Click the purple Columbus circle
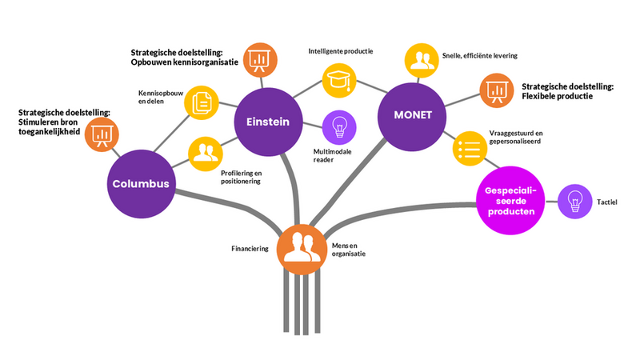pyautogui.click(x=140, y=183)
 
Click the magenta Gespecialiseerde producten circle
pyautogui.click(x=510, y=201)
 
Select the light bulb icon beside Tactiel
pyautogui.click(x=573, y=202)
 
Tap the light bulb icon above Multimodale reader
pyautogui.click(x=338, y=127)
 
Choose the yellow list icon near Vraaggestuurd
pyautogui.click(x=470, y=149)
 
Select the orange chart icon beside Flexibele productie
pyautogui.click(x=495, y=90)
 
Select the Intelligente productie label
pyautogui.click(x=341, y=51)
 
